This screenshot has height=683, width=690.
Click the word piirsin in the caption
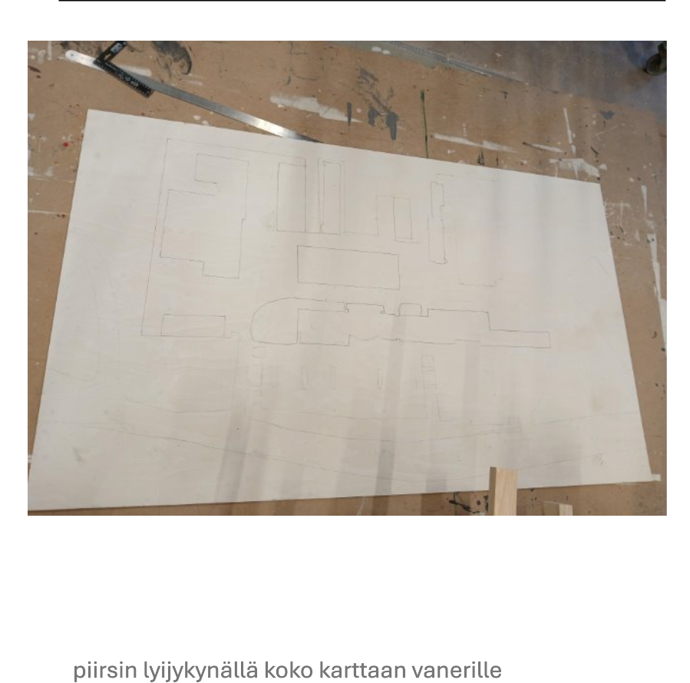click(x=104, y=670)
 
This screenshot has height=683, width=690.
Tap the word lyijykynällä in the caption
click(x=200, y=670)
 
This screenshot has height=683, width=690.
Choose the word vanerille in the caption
click(x=457, y=670)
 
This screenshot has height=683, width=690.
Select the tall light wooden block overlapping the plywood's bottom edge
click(x=503, y=490)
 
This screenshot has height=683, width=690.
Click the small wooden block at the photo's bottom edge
click(x=558, y=509)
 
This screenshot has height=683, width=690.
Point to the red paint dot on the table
click(x=65, y=144)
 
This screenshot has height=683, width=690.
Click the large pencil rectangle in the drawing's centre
click(x=348, y=267)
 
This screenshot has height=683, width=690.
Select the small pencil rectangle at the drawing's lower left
click(x=193, y=326)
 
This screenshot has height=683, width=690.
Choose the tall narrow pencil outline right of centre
click(x=437, y=223)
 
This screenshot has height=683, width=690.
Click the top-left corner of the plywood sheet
click(x=87, y=111)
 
